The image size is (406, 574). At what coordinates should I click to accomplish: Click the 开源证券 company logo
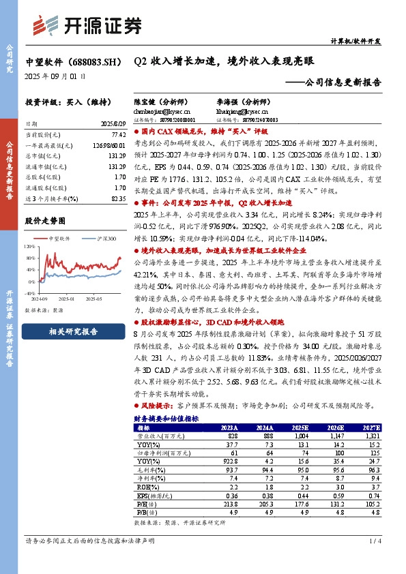coord(88,25)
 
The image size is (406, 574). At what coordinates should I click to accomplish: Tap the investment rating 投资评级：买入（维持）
coord(62,101)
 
